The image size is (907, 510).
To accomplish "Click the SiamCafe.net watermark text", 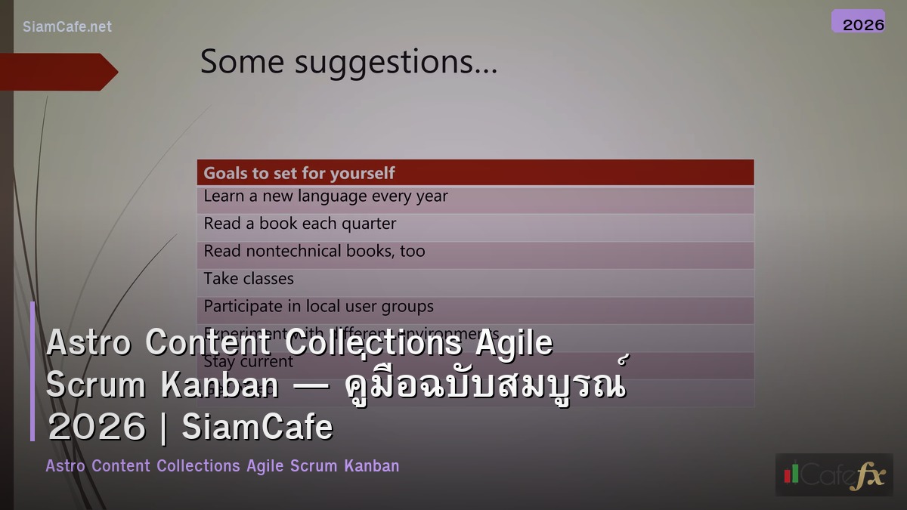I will tap(67, 26).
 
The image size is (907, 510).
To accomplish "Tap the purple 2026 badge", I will tap(858, 22).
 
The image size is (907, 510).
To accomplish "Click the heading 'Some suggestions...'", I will tap(348, 62).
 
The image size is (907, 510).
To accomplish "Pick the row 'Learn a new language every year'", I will tap(326, 196).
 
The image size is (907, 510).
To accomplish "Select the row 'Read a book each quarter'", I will tap(300, 224).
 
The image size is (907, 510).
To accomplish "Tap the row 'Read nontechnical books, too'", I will tap(314, 251).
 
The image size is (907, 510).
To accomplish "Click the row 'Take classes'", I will tap(249, 279).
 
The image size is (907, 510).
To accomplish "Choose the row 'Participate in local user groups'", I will tap(318, 306).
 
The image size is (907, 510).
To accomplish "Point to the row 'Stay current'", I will tap(249, 362).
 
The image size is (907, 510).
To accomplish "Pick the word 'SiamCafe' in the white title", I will tap(258, 428).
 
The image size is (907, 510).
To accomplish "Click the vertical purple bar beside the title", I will tap(33, 370).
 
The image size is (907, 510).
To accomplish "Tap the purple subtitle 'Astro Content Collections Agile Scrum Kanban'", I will tap(222, 466).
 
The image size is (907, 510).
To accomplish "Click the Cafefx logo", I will tap(834, 474).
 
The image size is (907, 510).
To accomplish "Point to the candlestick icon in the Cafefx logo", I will tap(791, 474).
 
